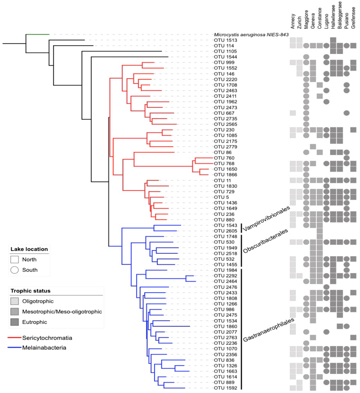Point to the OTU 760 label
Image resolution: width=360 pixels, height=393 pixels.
pos(224,158)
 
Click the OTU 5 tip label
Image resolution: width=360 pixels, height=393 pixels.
pos(220,197)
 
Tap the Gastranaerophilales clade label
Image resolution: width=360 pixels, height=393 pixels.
pos(267,329)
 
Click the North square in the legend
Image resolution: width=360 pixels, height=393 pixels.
pos(14,259)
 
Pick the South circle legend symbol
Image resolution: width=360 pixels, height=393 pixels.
pos(14,270)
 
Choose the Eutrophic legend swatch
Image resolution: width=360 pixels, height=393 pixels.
pos(15,322)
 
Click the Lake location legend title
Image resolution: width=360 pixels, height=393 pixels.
pos(29,249)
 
